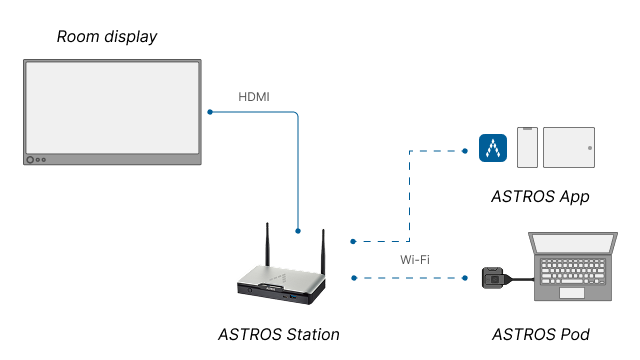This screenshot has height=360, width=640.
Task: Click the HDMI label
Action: tap(253, 97)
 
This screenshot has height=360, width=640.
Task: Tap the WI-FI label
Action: tap(415, 260)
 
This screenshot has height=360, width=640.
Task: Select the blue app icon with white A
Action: tap(493, 148)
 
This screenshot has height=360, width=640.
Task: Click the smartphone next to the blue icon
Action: tap(527, 147)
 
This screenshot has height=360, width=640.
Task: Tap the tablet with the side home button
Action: tap(568, 147)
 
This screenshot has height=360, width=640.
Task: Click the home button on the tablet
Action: tap(590, 147)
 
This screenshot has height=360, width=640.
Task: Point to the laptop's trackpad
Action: tap(571, 293)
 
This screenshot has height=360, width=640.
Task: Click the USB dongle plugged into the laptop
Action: tap(493, 277)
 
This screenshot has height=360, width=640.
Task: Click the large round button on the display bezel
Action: tap(31, 159)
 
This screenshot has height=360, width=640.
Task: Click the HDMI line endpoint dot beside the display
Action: tap(209, 112)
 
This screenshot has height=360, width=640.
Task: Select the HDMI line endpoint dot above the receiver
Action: tap(298, 230)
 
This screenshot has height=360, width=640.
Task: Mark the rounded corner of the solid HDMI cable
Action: tap(296, 114)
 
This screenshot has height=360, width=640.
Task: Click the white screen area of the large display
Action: tap(112, 106)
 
